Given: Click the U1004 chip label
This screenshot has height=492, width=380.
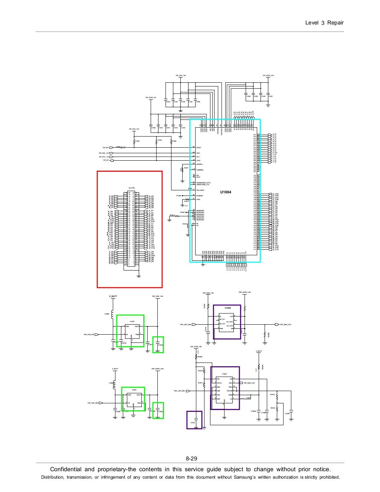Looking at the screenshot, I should tap(225, 192).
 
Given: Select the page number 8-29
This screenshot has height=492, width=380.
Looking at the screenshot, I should tap(191, 459).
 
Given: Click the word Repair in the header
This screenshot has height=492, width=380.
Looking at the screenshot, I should tap(335, 23).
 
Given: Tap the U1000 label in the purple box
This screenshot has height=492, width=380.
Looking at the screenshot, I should tap(227, 308).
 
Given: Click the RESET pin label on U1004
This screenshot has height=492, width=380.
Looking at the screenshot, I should tap(199, 148).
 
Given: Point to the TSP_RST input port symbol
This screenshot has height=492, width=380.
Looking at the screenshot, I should tap(111, 148).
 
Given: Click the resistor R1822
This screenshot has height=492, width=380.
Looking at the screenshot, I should tap(196, 357).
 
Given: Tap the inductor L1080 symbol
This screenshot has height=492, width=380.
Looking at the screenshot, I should tap(112, 315).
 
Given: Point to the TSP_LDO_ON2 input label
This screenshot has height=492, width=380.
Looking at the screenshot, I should tap(186, 324).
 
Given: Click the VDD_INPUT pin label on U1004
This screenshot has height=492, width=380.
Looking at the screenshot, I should tap(200, 190).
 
